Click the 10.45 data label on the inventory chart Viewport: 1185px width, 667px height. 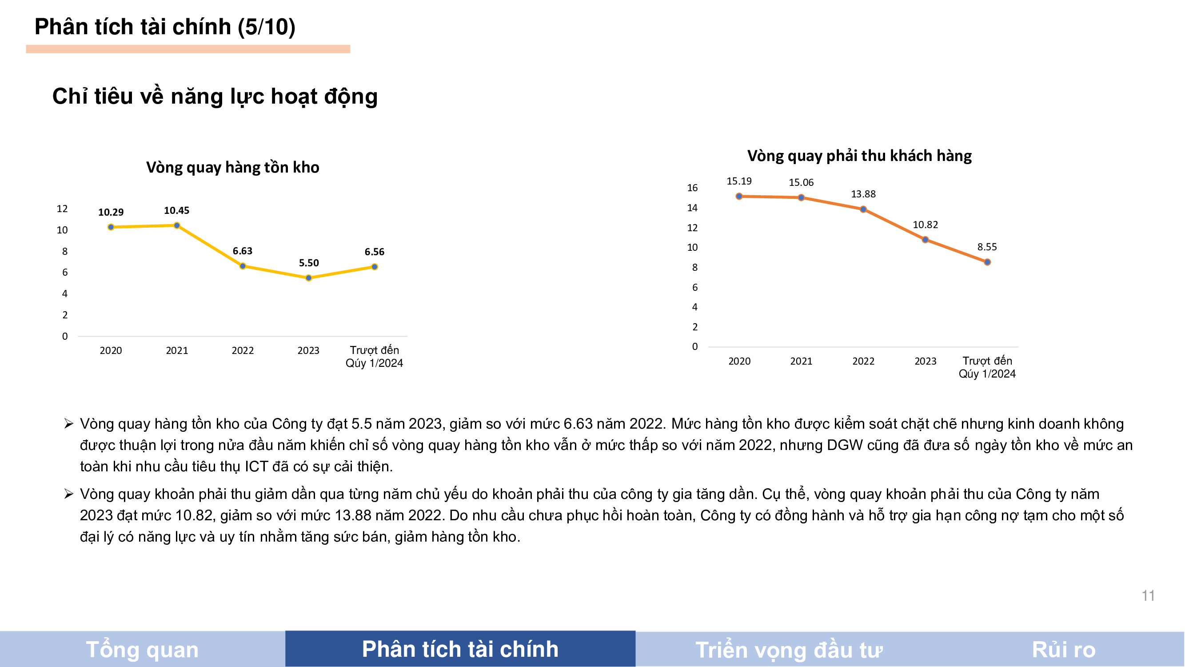(x=177, y=210)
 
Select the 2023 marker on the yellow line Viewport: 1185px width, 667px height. (x=309, y=278)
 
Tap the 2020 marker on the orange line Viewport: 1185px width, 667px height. (x=739, y=196)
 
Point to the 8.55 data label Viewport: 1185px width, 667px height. (x=987, y=247)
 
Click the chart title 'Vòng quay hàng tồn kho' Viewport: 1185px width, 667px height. (x=232, y=167)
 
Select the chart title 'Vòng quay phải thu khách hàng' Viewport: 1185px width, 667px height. (x=859, y=156)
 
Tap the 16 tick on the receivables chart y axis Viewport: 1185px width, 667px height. (x=692, y=188)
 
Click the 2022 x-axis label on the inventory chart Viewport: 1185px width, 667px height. (x=243, y=351)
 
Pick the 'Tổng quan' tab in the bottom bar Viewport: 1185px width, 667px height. (x=142, y=650)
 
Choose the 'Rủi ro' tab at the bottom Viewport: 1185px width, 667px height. (x=1063, y=650)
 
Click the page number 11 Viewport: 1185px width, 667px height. (x=1148, y=596)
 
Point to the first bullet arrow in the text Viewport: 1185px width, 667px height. (x=69, y=423)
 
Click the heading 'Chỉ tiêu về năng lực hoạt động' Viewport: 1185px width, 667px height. (x=215, y=96)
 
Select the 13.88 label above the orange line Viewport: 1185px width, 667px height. (x=863, y=194)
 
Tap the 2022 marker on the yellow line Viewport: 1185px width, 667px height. (x=243, y=266)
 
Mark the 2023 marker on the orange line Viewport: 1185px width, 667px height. (x=925, y=240)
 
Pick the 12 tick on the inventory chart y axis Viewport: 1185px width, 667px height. (x=62, y=209)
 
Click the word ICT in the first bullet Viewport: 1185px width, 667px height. (x=256, y=466)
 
